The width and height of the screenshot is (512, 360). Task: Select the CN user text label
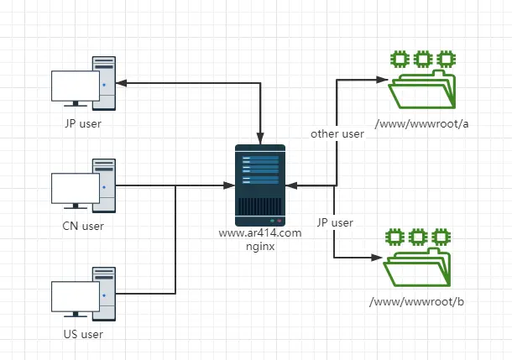pos(83,225)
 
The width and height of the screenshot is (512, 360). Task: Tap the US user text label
pos(83,334)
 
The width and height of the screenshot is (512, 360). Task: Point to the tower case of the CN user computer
pos(103,183)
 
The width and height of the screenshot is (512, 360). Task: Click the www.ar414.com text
pos(259,233)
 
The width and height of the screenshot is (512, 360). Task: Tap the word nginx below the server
pos(260,247)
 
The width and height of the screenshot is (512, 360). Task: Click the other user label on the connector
pos(337,133)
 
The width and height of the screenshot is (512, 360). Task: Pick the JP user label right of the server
pos(335,222)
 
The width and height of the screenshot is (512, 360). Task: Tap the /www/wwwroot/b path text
pos(417,301)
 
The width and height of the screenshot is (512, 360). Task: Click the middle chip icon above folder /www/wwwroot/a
pos(423,58)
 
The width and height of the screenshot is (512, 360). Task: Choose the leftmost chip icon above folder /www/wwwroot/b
pos(394,235)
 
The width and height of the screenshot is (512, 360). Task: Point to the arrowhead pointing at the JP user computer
pos(120,83)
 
